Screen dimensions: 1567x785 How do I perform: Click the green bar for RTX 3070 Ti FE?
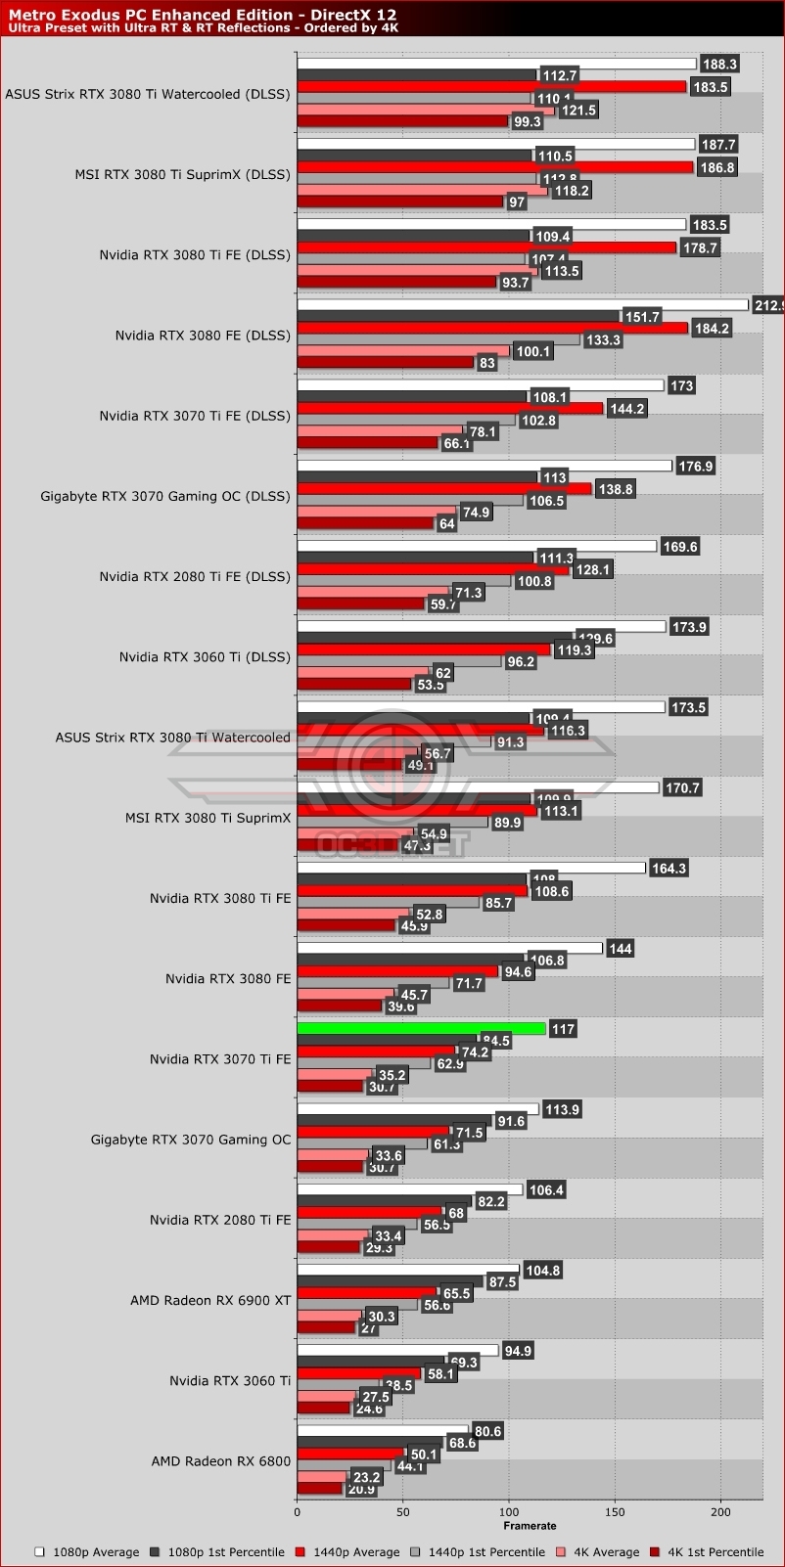421,1028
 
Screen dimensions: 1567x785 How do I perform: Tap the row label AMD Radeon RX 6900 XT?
210,1300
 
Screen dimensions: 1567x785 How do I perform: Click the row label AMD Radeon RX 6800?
220,1461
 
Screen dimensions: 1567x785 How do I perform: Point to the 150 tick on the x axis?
614,1512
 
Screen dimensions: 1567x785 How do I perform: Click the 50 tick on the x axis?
402,1512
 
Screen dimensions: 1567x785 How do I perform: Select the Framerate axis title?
530,1525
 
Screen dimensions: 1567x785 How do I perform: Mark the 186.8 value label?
717,167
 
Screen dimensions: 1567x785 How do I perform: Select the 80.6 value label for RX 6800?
486,1431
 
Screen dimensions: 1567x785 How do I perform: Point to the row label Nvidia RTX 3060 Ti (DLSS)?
205,656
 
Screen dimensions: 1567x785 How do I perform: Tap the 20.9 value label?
360,1489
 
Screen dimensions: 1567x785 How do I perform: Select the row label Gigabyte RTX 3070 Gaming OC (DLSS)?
165,496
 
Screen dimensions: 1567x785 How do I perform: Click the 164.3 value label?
669,868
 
